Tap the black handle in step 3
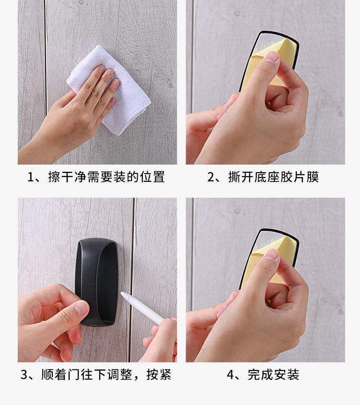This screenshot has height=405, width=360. click(97, 282)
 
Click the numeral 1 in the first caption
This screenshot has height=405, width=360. click(31, 177)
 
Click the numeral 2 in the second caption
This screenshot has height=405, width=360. click(211, 177)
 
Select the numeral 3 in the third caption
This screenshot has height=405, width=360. click(24, 374)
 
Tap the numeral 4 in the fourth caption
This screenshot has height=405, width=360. click(230, 374)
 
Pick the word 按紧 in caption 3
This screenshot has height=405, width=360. click(159, 374)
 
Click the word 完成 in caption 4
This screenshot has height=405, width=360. click(260, 374)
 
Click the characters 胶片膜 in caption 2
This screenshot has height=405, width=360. click(300, 177)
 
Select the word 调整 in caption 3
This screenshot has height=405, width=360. click(120, 374)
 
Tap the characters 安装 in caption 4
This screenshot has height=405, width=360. click(287, 374)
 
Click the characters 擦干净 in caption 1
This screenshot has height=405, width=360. click(67, 177)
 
